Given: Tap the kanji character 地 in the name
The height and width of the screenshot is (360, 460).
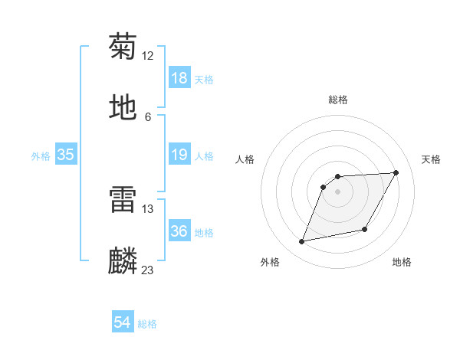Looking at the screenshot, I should [123, 108].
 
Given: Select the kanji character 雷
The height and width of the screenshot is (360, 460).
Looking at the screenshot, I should [123, 201].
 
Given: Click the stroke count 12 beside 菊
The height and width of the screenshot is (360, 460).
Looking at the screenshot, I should [148, 55].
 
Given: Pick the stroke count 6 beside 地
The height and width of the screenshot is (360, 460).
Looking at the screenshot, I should [148, 117].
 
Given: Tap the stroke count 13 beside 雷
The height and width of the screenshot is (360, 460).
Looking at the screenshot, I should [148, 209].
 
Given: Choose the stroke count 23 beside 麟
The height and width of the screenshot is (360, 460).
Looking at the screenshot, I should [148, 270].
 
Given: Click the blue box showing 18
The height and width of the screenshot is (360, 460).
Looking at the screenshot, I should [179, 78].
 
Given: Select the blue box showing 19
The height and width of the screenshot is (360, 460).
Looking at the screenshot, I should [179, 155].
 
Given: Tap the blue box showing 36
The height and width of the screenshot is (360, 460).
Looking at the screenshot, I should [179, 232].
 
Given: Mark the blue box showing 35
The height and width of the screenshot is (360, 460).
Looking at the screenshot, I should [66, 155].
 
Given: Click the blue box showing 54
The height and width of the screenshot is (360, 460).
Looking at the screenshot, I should [123, 323].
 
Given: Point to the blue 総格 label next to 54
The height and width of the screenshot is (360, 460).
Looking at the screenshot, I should [147, 324].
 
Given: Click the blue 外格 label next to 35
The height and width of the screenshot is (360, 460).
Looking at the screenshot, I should [41, 156].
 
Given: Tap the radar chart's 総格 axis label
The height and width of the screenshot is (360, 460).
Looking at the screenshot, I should [338, 100].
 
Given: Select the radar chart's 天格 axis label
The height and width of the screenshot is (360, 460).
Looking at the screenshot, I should [432, 159].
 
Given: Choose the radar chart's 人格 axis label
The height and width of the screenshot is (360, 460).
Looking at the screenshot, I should [245, 159].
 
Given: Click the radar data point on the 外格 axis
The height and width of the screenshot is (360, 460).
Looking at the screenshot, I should [302, 242].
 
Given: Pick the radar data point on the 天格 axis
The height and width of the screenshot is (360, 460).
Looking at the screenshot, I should [396, 172].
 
